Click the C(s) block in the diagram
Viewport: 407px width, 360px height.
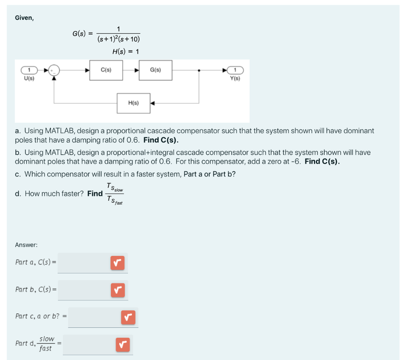[106, 70]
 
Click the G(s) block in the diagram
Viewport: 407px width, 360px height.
[155, 70]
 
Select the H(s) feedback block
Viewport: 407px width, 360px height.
[134, 103]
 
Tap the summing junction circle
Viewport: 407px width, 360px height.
[54, 71]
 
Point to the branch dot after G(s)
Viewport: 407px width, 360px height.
[199, 71]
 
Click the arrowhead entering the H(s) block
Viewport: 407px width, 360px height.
[153, 103]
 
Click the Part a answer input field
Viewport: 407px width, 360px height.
[83, 263]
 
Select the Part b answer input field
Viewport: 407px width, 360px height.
[83, 290]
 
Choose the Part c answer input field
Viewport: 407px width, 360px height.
[94, 317]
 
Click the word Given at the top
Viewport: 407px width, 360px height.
[24, 18]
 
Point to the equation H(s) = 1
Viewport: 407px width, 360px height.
[126, 52]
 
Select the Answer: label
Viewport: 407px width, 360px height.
[26, 245]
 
